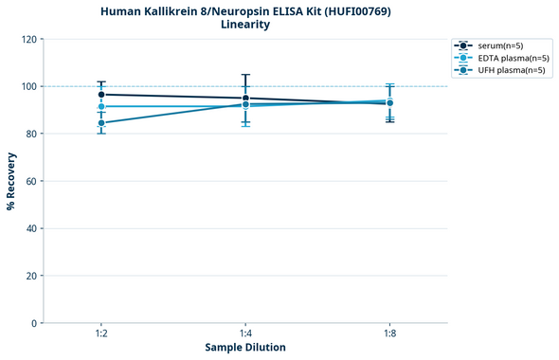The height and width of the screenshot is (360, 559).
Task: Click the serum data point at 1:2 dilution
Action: (101, 95)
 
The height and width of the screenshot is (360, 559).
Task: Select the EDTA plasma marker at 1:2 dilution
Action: (101, 107)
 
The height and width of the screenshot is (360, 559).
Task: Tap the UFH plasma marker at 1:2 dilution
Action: (101, 123)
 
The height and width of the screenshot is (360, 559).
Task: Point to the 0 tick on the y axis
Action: (33, 323)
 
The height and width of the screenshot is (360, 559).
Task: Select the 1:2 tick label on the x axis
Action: (101, 333)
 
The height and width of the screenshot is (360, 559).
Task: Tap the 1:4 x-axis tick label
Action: (245, 333)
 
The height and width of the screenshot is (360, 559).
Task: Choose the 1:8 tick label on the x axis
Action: (389, 333)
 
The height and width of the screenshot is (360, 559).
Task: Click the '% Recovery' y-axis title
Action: (11, 181)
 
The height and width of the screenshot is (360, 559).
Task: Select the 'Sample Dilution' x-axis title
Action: (245, 348)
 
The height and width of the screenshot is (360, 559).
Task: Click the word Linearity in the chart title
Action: (244, 25)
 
